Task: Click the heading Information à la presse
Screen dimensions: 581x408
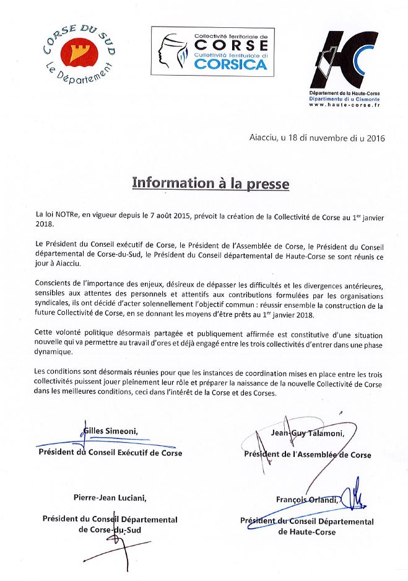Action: (202, 183)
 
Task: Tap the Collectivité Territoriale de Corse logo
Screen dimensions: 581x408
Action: (211, 52)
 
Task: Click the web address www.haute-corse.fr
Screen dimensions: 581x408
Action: (344, 105)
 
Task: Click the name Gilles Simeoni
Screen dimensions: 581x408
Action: (110, 432)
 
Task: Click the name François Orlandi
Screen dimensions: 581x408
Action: (308, 500)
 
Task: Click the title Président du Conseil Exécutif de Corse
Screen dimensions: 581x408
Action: (110, 453)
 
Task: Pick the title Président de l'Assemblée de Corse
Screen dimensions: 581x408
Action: (308, 455)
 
